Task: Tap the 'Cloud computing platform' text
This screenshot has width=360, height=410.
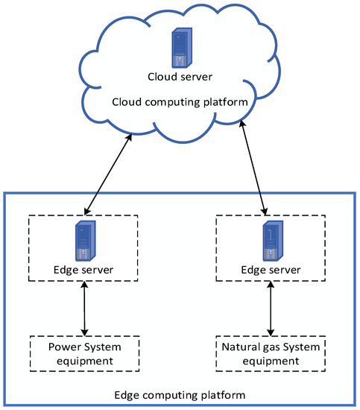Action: point(180,102)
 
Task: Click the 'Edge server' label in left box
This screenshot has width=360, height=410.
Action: point(84,268)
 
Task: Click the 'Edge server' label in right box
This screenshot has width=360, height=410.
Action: point(271,268)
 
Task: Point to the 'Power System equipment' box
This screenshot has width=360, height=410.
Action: point(84,353)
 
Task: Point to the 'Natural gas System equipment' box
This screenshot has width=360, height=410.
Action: point(271,353)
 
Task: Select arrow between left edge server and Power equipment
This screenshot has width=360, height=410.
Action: point(84,308)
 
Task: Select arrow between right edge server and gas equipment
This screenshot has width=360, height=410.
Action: point(271,308)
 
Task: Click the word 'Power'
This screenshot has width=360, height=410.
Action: point(62,347)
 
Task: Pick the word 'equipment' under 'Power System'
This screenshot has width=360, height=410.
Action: point(84,361)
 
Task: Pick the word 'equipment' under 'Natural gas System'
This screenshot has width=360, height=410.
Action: point(271,361)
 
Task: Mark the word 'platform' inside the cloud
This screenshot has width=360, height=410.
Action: point(224,102)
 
